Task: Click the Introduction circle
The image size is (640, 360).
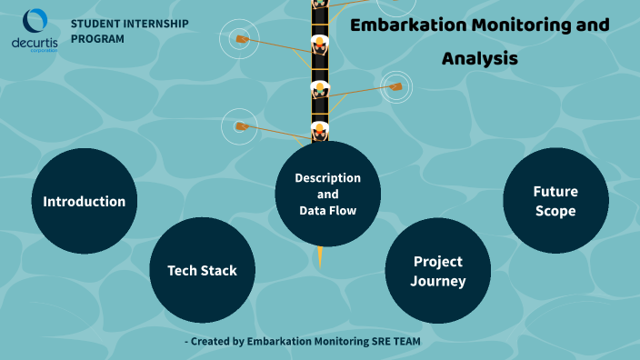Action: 84,201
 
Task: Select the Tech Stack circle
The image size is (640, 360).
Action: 202,270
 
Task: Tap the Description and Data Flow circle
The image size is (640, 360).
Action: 327,194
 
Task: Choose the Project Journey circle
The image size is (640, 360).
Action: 438,271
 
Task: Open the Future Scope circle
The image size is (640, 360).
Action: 555,201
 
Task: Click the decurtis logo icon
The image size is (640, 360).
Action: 35,21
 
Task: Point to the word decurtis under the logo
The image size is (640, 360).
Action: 35,43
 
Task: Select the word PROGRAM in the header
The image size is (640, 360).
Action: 97,39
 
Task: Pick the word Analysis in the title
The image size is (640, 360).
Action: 480,59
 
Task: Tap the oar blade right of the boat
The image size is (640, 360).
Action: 395,87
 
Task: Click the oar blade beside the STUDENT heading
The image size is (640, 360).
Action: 241,39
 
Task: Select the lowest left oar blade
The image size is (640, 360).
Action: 240,126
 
